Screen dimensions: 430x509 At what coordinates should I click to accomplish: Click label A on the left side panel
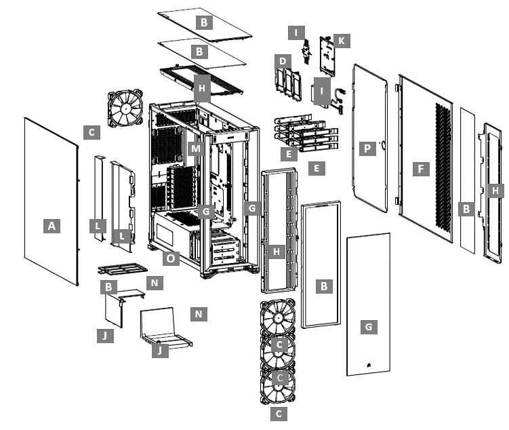(x=51, y=227)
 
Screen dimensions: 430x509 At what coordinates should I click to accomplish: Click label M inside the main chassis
(x=196, y=149)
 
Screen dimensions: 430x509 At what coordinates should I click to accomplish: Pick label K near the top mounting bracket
(x=341, y=41)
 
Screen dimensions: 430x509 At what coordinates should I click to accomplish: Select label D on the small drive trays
(x=281, y=62)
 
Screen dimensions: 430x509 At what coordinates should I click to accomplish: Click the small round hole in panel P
(x=384, y=144)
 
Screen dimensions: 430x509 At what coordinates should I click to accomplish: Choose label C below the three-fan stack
(x=277, y=412)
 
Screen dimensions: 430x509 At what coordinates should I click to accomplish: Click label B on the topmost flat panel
(x=203, y=22)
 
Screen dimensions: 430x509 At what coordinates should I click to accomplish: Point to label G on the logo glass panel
(x=369, y=327)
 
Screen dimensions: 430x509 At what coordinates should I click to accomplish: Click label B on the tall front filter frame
(x=324, y=287)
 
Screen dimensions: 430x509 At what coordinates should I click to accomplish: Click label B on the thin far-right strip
(x=466, y=210)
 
